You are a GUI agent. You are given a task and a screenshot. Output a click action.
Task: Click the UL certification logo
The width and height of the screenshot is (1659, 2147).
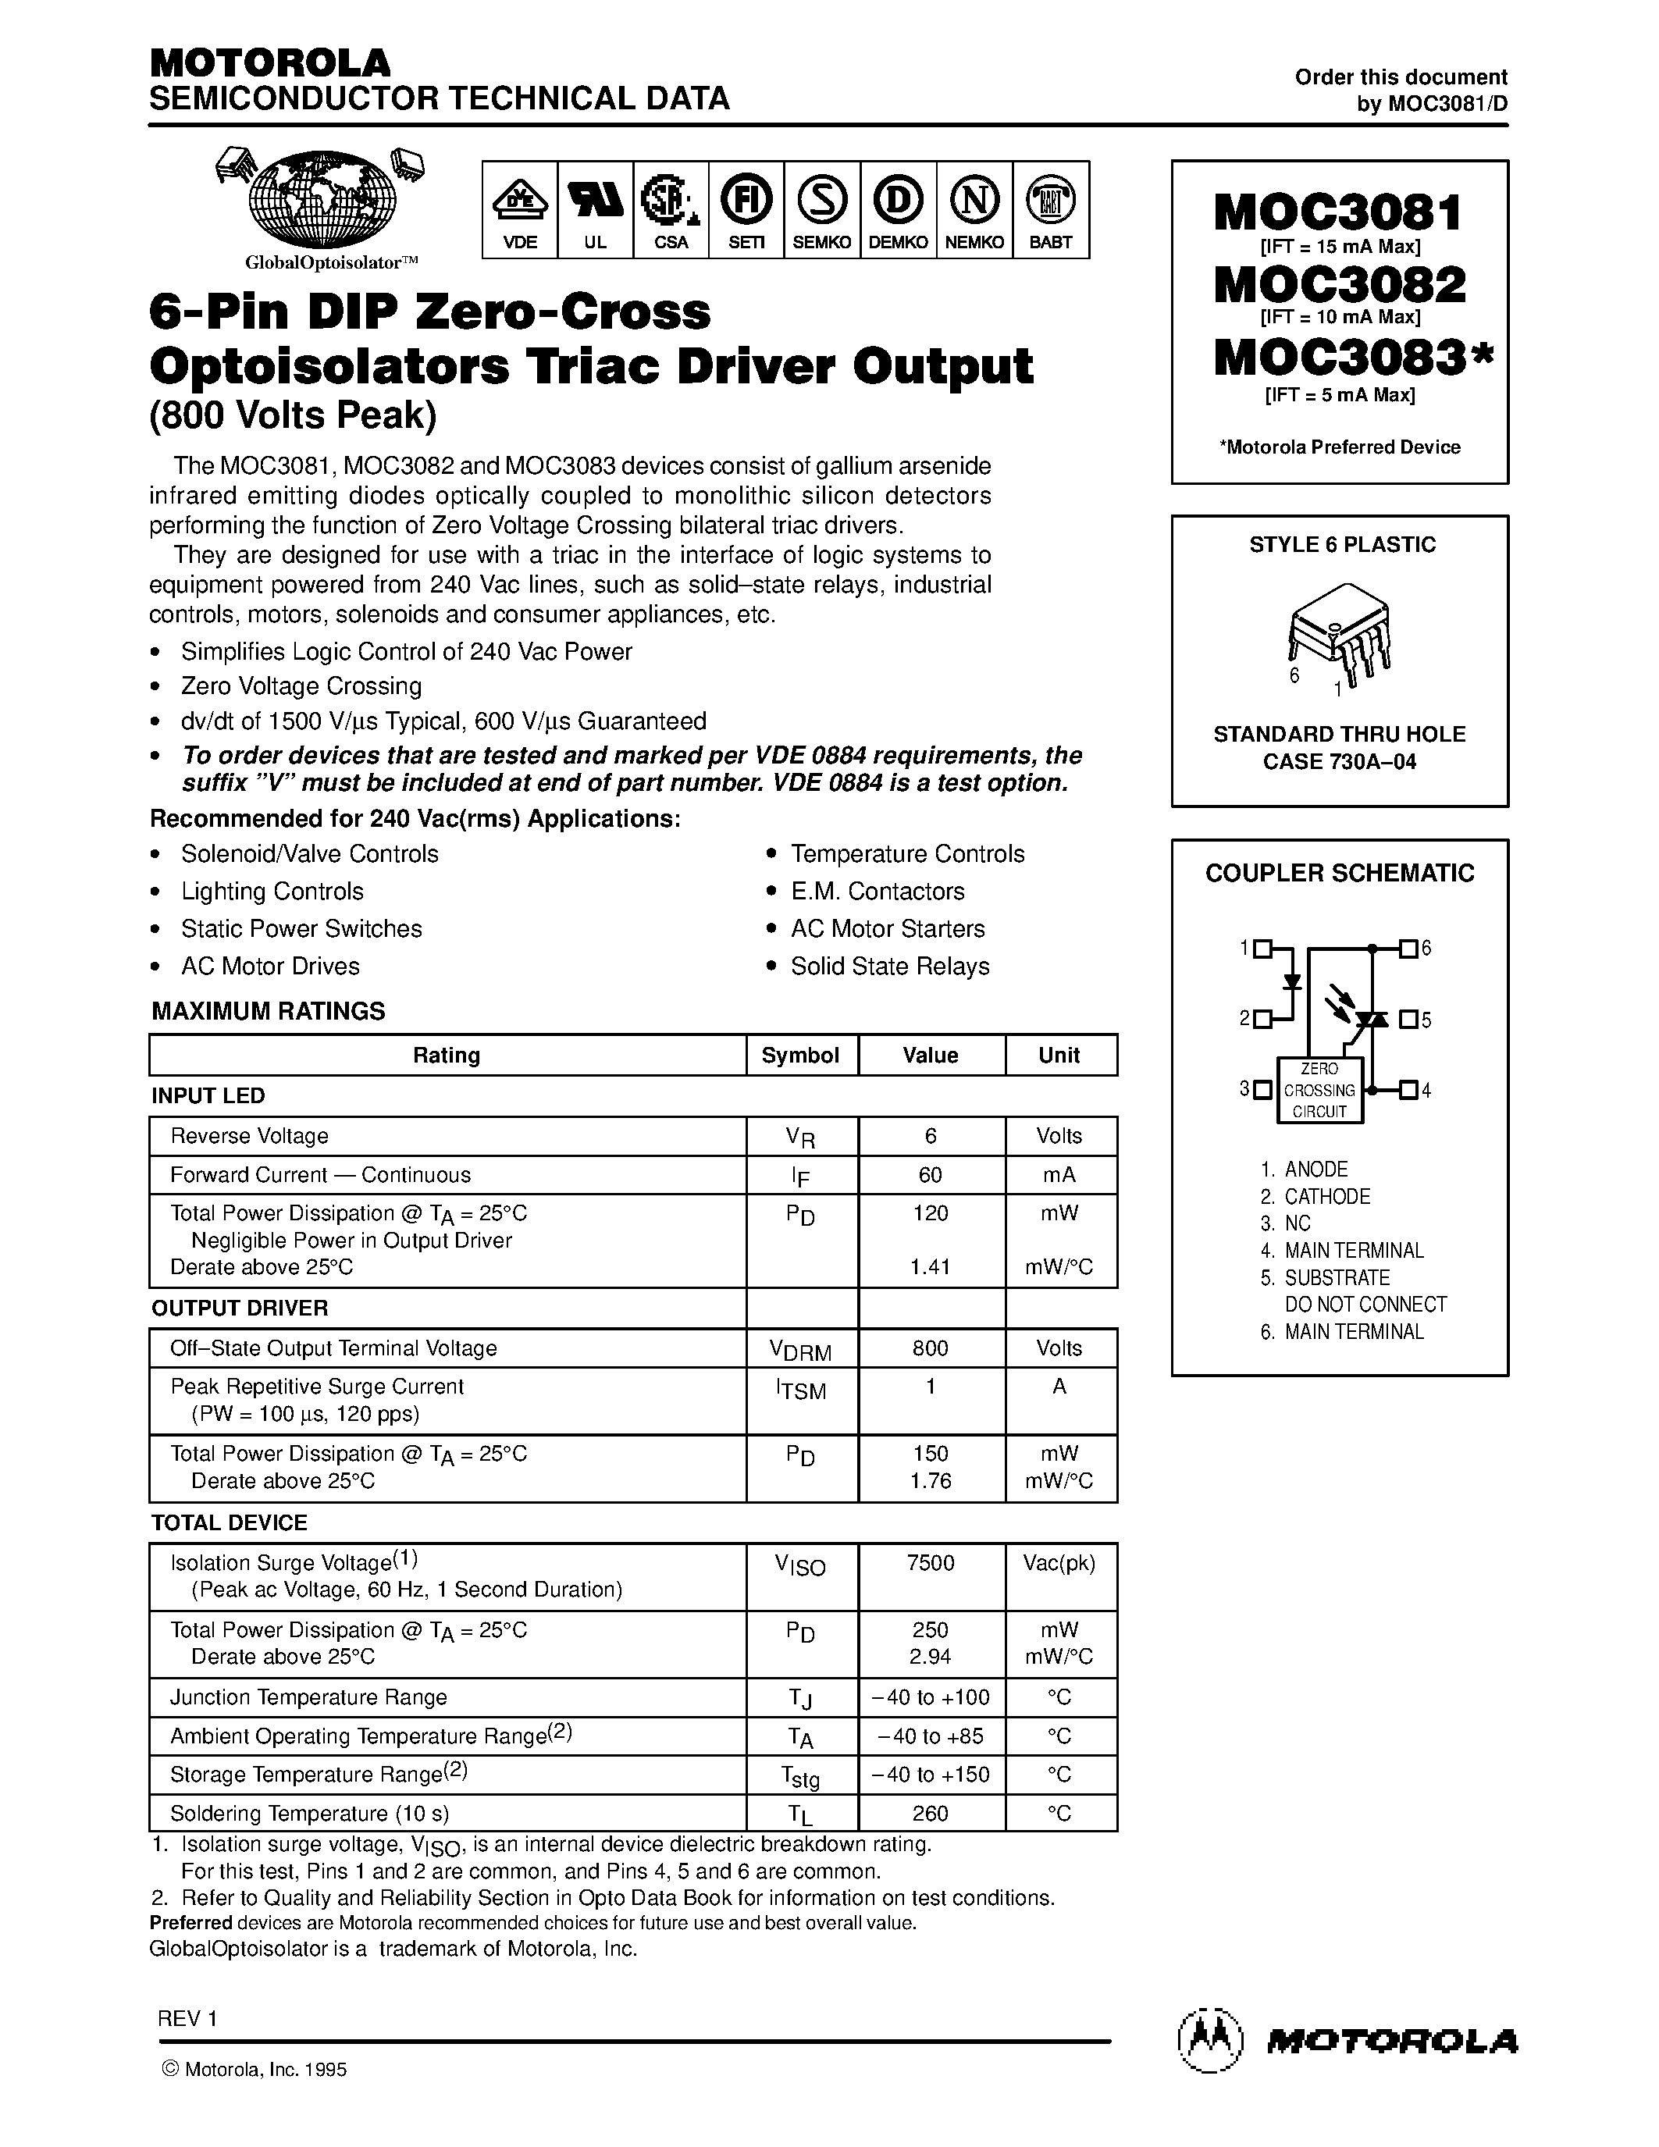pos(595,201)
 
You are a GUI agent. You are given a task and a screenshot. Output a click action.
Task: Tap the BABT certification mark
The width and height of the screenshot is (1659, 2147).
pos(1051,201)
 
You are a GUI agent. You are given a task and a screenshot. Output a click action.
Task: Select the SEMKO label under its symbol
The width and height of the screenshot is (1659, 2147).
pos(821,242)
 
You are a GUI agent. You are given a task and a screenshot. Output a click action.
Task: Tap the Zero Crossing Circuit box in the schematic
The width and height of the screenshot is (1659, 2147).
pos(1319,1090)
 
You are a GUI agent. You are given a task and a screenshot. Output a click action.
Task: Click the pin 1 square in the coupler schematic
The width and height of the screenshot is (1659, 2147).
pos(1264,949)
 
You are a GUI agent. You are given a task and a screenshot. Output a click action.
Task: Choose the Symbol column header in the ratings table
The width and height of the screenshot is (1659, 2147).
pos(800,1055)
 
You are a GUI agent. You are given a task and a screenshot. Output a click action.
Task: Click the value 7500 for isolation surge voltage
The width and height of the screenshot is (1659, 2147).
pos(930,1563)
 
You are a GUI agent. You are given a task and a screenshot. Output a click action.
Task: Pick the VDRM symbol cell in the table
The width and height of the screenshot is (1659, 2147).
pos(800,1350)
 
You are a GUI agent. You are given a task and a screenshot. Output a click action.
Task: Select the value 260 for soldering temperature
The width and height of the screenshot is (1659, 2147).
pos(930,1813)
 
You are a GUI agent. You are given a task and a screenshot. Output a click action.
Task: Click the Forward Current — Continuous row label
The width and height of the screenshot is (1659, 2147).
pos(319,1175)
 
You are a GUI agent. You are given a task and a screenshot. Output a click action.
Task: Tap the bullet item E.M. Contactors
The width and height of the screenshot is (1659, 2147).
pos(877,891)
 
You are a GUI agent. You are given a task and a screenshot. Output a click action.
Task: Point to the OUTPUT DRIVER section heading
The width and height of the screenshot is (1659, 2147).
pos(239,1308)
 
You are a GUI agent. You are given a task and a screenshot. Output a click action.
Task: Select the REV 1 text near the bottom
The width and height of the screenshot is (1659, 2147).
pos(187,2018)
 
